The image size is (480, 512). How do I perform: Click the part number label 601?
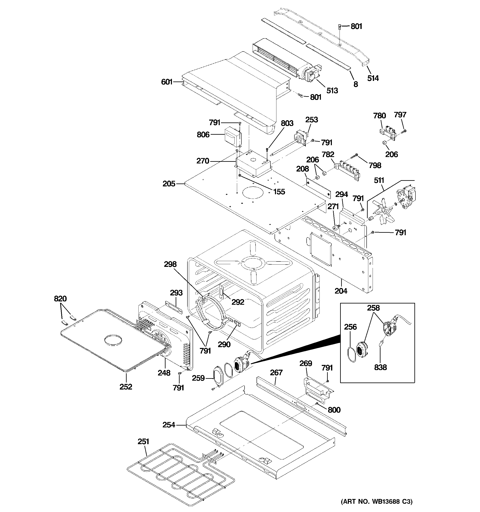(x=166, y=82)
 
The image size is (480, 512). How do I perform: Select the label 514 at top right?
(x=373, y=78)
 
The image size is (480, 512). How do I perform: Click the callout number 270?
(x=203, y=161)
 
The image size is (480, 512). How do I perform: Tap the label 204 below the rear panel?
(x=341, y=291)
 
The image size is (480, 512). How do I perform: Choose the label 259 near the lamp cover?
(x=198, y=378)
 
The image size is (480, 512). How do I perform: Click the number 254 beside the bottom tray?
(x=169, y=425)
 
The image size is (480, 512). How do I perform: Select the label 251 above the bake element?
(x=143, y=442)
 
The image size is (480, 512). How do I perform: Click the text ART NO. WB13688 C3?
(x=376, y=501)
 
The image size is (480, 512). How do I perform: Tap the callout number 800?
(x=334, y=410)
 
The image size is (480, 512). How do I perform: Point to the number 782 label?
(x=328, y=154)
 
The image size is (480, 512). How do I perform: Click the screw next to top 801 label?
(x=340, y=27)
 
